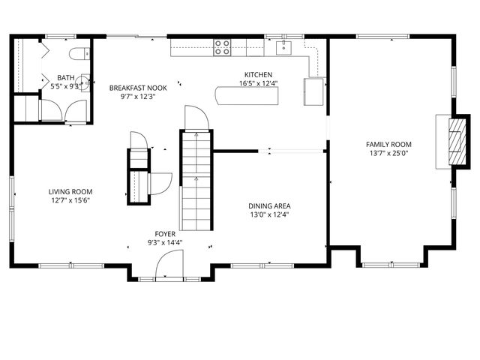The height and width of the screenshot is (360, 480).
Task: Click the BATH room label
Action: click(64, 77)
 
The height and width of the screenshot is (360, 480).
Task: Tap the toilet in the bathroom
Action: click(81, 52)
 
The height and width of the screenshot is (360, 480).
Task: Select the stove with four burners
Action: click(222, 48)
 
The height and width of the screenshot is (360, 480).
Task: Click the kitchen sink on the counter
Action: click(285, 48)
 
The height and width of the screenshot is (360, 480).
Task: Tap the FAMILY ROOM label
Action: click(388, 145)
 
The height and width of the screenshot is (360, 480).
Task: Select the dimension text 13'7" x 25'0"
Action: click(388, 154)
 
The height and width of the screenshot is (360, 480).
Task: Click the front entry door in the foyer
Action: click(169, 266)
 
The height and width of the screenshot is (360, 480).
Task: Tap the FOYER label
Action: click(166, 233)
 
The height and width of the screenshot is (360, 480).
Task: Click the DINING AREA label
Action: click(269, 205)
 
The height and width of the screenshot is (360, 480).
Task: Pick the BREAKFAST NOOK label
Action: click(137, 88)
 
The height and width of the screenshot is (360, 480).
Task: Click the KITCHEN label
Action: click(257, 74)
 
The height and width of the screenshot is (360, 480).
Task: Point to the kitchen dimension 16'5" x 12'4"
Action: click(257, 83)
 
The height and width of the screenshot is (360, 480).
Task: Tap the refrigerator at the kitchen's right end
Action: click(314, 92)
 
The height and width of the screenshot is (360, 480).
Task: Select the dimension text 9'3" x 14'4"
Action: click(166, 242)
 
